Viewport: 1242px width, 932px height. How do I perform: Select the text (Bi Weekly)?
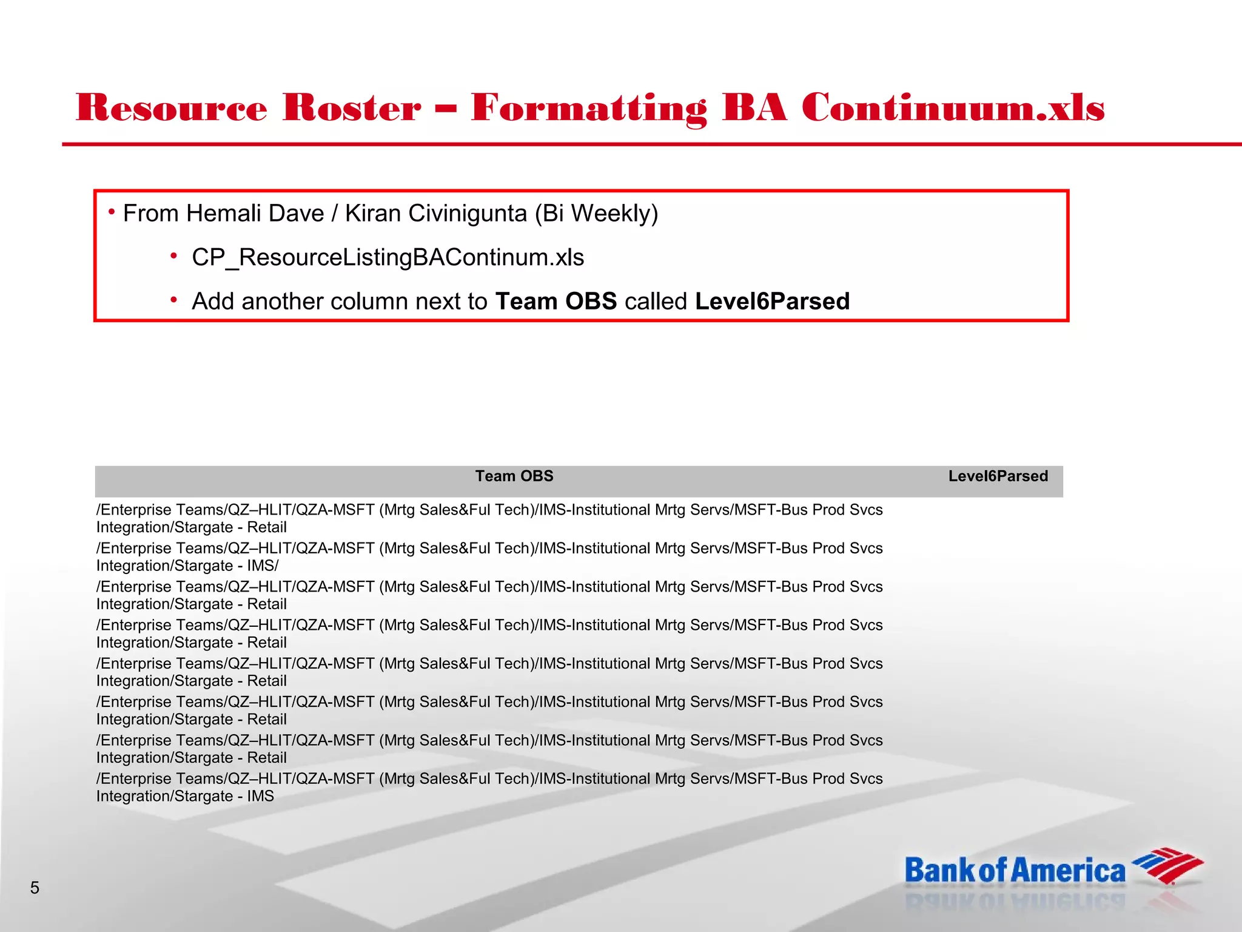point(597,214)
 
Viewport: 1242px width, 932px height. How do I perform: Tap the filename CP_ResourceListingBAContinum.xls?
point(388,257)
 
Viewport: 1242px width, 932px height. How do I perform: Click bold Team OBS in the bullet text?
point(556,302)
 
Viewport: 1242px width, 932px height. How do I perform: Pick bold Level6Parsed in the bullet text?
point(772,302)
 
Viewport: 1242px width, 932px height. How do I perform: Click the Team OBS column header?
point(514,476)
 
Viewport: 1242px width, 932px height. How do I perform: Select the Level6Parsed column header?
point(998,476)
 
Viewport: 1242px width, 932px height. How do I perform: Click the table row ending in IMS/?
point(489,557)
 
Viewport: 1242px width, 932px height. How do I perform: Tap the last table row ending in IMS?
point(489,787)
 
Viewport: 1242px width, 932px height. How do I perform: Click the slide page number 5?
point(35,888)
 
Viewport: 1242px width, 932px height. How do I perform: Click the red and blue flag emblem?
point(1167,866)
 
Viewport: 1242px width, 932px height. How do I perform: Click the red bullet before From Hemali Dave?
point(112,212)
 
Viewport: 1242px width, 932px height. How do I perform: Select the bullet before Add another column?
point(173,300)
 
